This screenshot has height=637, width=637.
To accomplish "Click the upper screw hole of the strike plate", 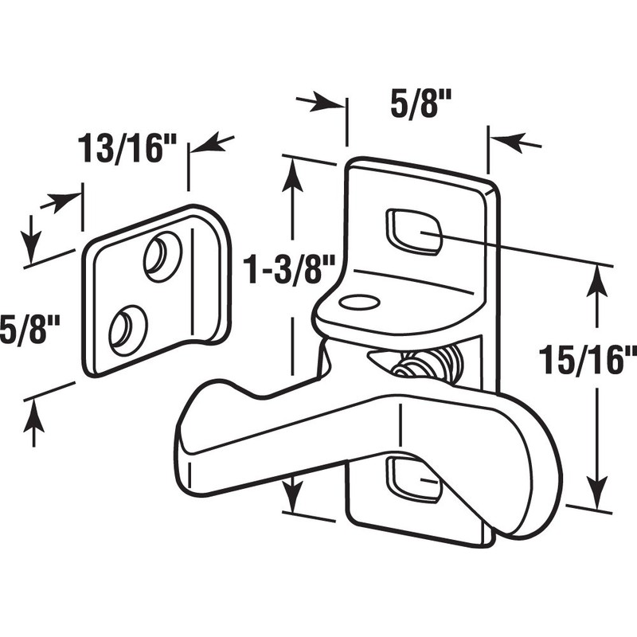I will point(162,256).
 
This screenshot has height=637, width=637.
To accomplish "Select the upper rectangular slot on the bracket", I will point(414,232).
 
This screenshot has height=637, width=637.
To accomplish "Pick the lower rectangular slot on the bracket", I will point(411,479).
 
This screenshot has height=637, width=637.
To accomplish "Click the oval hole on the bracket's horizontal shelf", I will point(358,303).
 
